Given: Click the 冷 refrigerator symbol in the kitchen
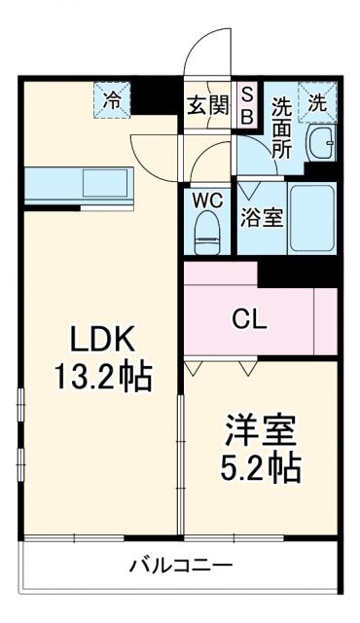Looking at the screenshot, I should coord(113,98).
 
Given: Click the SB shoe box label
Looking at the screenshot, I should coord(247,105).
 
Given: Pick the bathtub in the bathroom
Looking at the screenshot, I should coord(312,217).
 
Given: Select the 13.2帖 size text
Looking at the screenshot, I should coord(94,376).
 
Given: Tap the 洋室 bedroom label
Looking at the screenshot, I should coord(259,430).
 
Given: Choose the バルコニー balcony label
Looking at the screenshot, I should coord(180,565).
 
